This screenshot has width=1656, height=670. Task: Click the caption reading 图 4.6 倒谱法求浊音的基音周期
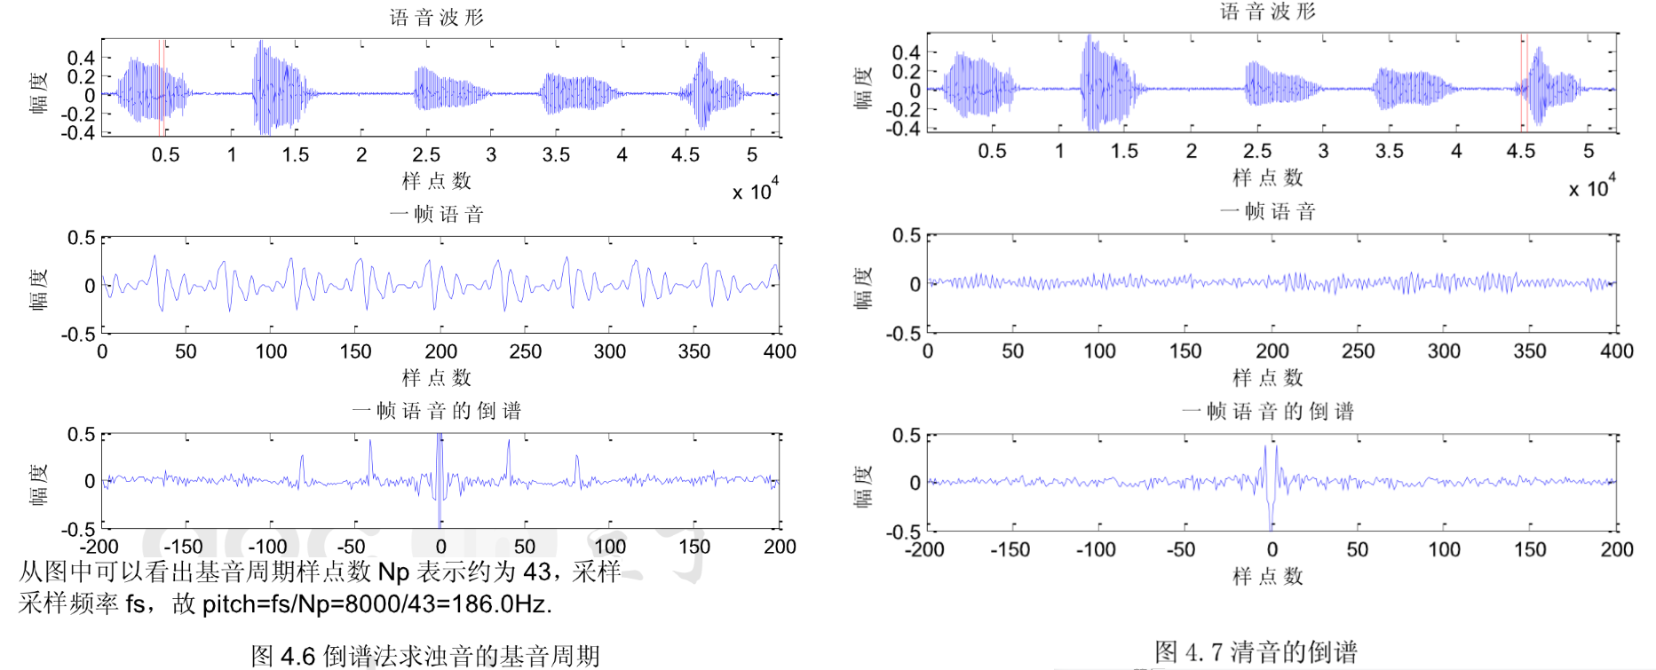(425, 656)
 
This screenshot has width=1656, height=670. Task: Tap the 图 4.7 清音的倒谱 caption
(1256, 652)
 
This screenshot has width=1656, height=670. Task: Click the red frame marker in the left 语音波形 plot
(162, 87)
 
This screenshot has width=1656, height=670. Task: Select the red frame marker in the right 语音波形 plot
(1523, 83)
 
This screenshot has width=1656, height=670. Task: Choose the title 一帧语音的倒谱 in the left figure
(436, 411)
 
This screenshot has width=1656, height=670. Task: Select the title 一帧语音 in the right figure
(1267, 211)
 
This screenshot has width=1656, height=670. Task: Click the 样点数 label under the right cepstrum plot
(1267, 577)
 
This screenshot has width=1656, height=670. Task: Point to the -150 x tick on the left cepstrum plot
(183, 547)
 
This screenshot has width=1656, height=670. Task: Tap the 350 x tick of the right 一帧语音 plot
(1530, 351)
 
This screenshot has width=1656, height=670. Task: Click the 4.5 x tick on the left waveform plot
(685, 155)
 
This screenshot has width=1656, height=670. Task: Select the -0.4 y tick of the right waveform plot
(906, 129)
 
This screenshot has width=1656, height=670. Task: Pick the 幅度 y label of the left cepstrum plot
(38, 485)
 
